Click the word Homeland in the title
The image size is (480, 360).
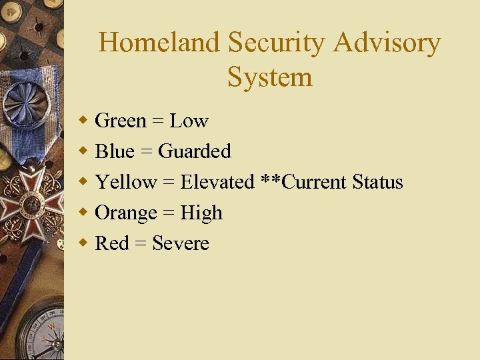click(x=159, y=43)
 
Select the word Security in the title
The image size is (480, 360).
click(x=276, y=43)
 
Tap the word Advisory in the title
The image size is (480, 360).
click(x=387, y=43)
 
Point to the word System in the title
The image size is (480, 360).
click(x=269, y=77)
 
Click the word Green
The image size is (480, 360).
click(x=121, y=121)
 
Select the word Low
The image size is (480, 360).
click(x=189, y=121)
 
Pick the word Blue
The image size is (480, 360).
click(x=115, y=152)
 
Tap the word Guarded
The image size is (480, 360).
click(x=195, y=152)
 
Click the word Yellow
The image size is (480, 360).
click(x=126, y=183)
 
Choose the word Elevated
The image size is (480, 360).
click(x=217, y=183)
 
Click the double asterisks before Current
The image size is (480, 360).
click(x=271, y=180)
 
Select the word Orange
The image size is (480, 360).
click(x=126, y=213)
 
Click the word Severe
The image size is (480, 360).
click(x=181, y=244)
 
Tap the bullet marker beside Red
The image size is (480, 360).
click(x=83, y=243)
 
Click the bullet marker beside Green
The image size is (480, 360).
click(x=83, y=121)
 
